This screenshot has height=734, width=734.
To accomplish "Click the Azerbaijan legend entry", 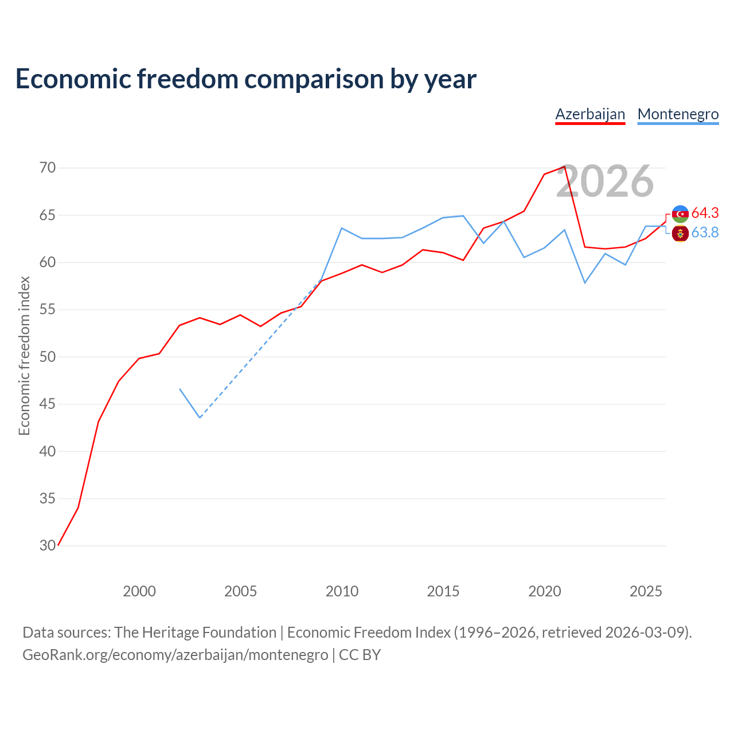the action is pos(590,115).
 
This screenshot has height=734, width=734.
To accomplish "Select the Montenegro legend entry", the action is pos(678,115).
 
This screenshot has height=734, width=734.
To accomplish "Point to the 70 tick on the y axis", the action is pos(48,167).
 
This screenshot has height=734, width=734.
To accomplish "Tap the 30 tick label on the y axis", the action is pos(48,545).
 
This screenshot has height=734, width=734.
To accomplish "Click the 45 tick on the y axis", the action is pos(48,404).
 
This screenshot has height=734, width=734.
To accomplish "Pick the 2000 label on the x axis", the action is pos(139,591).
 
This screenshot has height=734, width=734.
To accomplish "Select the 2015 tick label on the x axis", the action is pos(443,591).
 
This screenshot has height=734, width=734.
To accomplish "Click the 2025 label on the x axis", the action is pos(646,591).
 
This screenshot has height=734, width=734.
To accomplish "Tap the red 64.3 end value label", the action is pos(705,213).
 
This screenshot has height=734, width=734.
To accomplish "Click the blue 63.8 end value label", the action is pos(705,232).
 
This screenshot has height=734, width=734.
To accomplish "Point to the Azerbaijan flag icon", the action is pos(680,214).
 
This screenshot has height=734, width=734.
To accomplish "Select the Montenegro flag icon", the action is pos(680,233).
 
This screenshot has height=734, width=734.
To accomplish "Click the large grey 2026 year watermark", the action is pos(605,181).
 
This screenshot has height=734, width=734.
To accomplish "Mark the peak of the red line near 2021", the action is pos(564,166).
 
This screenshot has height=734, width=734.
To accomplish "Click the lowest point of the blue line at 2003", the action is pos(200,417).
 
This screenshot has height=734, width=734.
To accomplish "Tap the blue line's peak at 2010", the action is pos(342,228).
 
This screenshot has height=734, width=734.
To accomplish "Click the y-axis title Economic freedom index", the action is pos(25,356).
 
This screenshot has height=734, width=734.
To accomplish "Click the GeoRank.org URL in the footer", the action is pos(175,655).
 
